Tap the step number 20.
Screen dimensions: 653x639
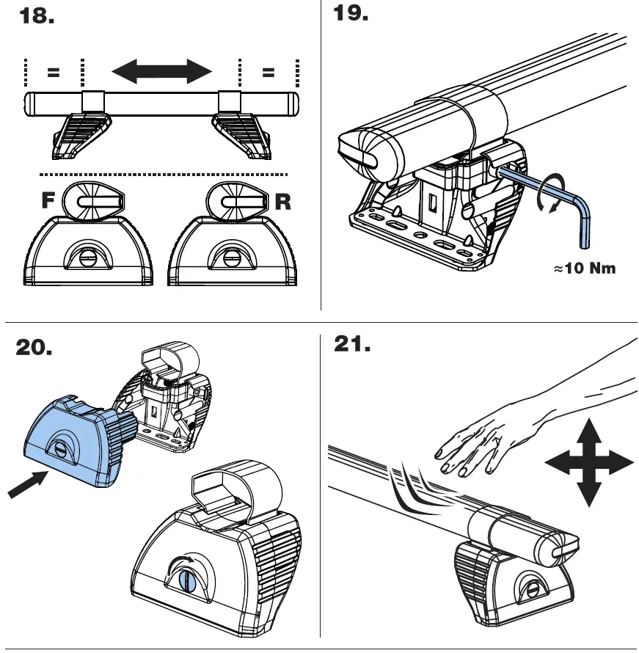tap(34, 349)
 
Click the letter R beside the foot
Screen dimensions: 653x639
tap(282, 203)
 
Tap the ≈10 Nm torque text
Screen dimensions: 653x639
tap(584, 269)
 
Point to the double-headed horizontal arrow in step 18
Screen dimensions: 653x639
tap(161, 72)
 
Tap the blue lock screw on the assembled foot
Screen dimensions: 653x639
tap(185, 580)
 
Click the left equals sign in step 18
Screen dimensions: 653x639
tap(54, 73)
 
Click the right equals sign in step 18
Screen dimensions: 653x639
tap(268, 73)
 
